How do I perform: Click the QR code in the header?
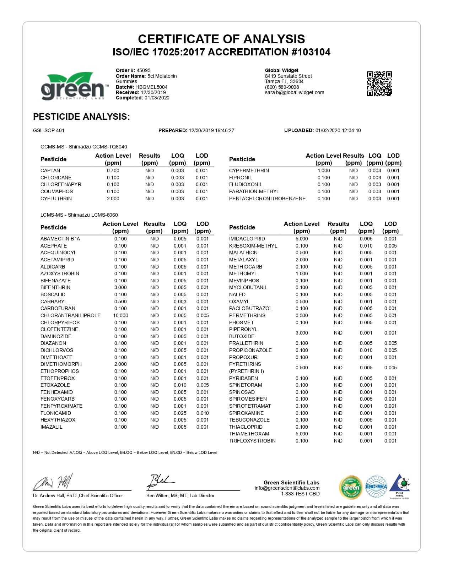379,83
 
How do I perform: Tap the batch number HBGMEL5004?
151,87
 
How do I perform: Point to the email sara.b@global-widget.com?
295,92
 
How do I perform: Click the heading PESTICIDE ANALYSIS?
81,116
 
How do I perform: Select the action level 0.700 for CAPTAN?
113,170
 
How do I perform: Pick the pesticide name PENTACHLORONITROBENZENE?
267,199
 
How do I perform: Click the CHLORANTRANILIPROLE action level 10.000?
120,315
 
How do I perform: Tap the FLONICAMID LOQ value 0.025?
180,413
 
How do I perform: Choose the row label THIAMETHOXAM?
249,434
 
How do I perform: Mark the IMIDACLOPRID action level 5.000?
302,239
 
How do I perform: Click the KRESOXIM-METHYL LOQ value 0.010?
366,246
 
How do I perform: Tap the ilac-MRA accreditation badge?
376,487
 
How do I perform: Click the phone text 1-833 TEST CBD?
300,494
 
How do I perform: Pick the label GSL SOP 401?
49,130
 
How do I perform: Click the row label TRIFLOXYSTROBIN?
252,441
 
